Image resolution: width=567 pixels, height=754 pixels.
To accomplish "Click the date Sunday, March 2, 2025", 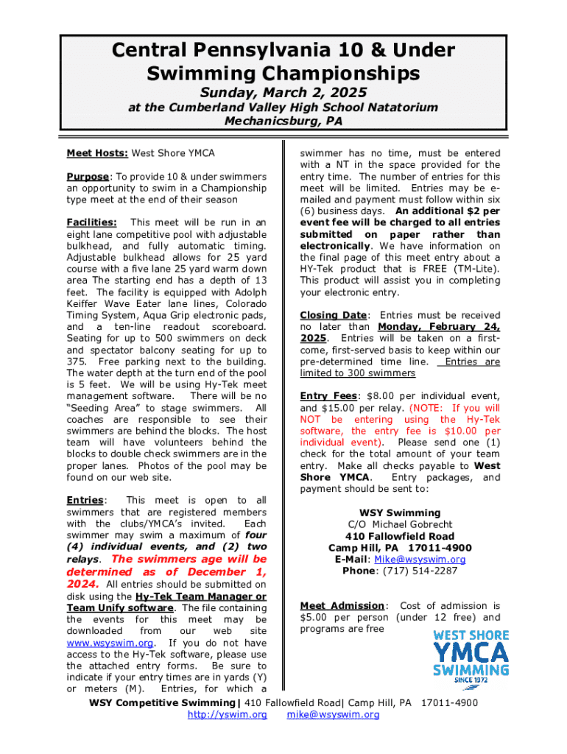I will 283,92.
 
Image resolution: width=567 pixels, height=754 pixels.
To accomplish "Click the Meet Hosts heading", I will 97,153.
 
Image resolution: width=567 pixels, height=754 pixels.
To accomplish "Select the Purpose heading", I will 88,177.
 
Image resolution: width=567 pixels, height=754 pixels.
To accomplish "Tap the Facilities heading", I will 91,222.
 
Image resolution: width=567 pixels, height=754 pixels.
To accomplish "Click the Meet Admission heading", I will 342,605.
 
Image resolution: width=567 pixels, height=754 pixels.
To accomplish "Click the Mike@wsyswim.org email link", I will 431,559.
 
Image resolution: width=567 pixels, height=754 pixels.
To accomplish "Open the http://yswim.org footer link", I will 227,714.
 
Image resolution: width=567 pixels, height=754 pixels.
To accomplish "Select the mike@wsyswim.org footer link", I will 333,714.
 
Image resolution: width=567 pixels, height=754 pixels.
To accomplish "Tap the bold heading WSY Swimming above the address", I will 400,512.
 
